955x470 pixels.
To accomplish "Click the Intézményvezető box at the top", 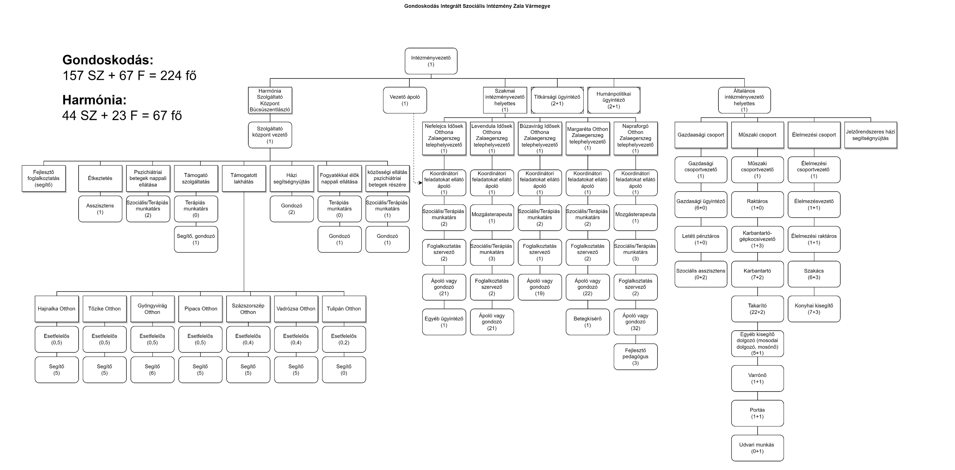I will tap(431, 61).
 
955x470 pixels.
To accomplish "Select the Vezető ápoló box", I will tap(405, 100).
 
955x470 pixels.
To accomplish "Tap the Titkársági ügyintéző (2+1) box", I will tap(557, 100).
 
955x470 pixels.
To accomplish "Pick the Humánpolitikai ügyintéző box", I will tap(614, 100).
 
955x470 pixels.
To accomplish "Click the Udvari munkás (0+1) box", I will tap(757, 448).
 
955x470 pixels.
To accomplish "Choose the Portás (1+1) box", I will tap(757, 413).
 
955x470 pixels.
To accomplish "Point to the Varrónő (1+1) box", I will tap(757, 378).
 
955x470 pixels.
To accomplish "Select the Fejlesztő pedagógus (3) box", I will tap(635, 357).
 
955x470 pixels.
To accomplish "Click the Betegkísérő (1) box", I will tap(588, 322).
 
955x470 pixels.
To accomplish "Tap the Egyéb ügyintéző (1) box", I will tap(444, 322).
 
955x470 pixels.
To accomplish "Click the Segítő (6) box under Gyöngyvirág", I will tap(152, 370).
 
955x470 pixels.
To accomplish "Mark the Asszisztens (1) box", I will tap(100, 209).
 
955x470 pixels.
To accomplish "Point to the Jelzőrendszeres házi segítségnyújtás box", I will tap(870, 135).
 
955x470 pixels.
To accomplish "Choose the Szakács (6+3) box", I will tap(814, 274).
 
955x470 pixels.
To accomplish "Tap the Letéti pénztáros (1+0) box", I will tap(701, 239).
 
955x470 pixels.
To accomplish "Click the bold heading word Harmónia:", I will tap(94, 100).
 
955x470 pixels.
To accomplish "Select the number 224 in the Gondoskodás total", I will tap(171, 76).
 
